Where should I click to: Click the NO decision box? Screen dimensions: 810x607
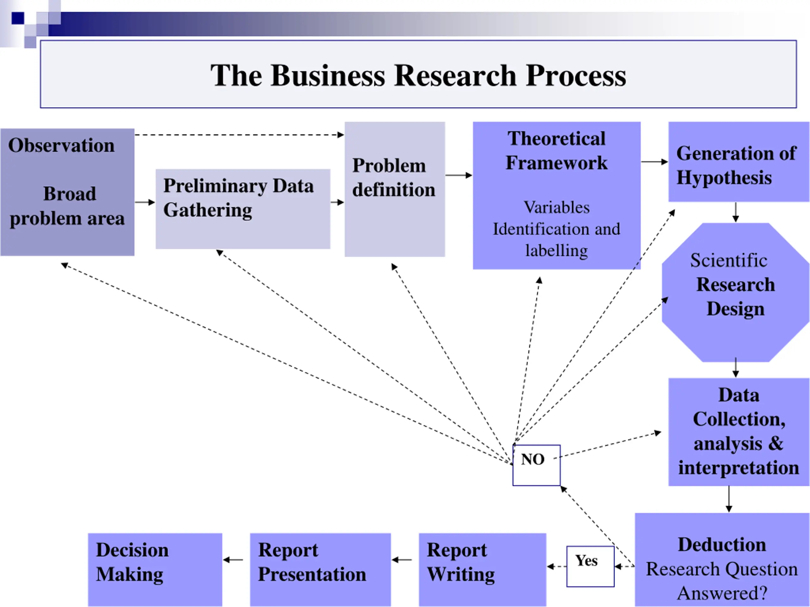[x=536, y=465]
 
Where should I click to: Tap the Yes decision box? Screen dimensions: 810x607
[x=590, y=567]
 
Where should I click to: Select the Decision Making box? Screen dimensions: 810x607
[x=155, y=570]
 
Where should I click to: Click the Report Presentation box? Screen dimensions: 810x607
[x=321, y=570]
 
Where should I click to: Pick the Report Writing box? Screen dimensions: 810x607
[x=483, y=570]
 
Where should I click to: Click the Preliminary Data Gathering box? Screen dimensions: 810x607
[x=243, y=209]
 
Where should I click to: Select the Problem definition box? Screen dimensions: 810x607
[x=395, y=189]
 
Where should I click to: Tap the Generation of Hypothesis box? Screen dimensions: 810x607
[x=739, y=162]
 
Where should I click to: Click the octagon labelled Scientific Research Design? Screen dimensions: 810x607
[x=736, y=292]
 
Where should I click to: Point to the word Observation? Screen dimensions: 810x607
[x=61, y=145]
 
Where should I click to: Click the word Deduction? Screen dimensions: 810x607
[x=722, y=544]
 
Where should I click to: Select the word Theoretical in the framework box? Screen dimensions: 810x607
[x=556, y=138]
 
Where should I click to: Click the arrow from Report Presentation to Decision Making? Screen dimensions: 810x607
[x=233, y=560]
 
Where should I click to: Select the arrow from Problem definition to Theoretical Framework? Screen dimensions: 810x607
[x=459, y=175]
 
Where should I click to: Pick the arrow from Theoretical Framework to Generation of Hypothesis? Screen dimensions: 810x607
[x=655, y=162]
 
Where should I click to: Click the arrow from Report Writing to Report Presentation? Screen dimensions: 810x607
[x=402, y=560]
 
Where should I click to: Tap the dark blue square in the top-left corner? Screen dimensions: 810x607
[x=18, y=18]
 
